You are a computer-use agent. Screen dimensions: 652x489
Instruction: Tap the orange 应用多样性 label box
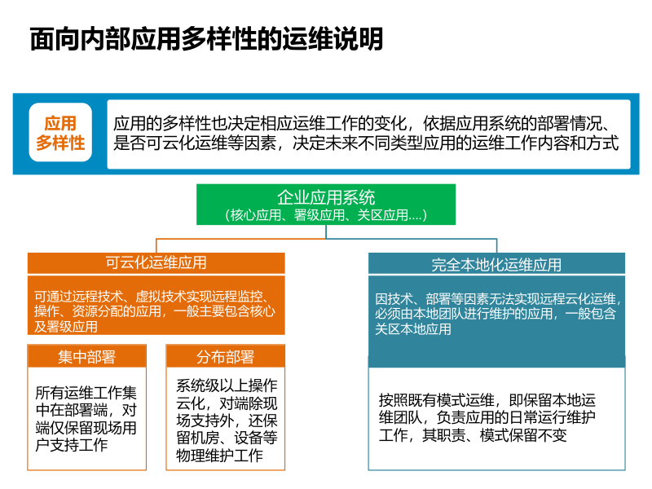point(60,134)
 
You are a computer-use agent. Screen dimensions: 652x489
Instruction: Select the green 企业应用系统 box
point(326,205)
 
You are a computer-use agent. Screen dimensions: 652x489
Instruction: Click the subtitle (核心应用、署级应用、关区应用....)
point(326,216)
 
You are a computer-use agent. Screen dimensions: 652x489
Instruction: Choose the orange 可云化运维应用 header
point(156,263)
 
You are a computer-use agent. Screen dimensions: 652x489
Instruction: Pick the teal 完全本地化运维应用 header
point(496,265)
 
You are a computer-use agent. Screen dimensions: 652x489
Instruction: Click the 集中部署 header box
point(86,357)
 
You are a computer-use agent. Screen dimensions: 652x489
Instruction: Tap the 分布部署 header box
point(225,357)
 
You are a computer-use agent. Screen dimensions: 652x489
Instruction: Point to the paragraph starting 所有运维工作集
point(86,419)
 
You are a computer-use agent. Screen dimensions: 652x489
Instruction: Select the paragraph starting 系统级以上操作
point(226,419)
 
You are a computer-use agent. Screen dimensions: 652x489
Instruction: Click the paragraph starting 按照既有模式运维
point(487,418)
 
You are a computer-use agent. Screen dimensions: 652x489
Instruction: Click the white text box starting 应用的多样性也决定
point(368,134)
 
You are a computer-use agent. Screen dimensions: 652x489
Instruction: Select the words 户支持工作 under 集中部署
point(72,445)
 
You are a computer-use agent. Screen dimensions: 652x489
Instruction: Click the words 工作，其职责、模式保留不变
point(473,436)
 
